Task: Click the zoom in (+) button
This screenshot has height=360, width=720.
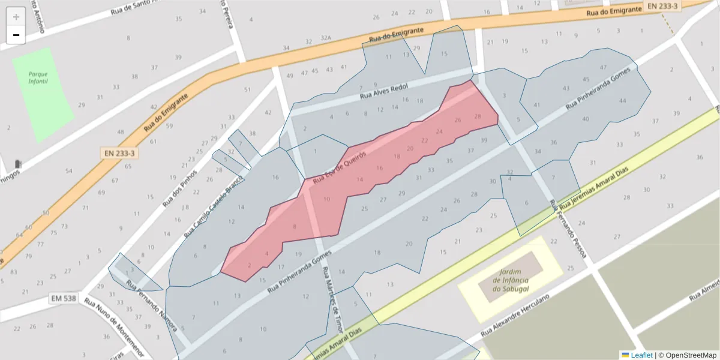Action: tap(16, 16)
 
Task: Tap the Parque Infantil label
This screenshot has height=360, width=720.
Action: tap(38, 77)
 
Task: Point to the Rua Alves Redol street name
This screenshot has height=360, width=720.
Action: tap(383, 92)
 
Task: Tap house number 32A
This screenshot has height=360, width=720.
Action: tap(326, 41)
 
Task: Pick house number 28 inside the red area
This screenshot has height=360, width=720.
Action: tap(478, 116)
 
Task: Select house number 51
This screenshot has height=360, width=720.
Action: tap(247, 89)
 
